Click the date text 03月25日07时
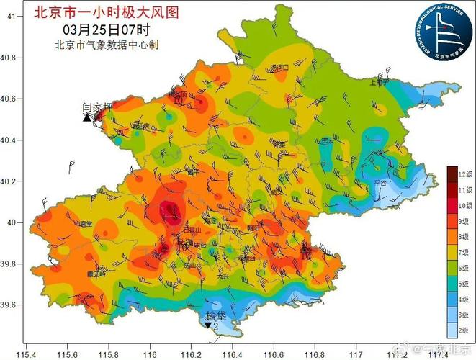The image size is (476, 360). pyautogui.click(x=106, y=29)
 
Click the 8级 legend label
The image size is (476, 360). pyautogui.click(x=462, y=235)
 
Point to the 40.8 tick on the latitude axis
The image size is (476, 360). pyautogui.click(x=12, y=57)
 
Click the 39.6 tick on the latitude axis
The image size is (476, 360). pyautogui.click(x=12, y=305)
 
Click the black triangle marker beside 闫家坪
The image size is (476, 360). pyautogui.click(x=87, y=117)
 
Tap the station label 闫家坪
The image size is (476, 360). pyautogui.click(x=98, y=107)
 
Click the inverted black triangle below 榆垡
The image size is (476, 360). pyautogui.click(x=208, y=325)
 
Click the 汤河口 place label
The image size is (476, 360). pyautogui.click(x=279, y=68)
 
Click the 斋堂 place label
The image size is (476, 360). pyautogui.click(x=87, y=224)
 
